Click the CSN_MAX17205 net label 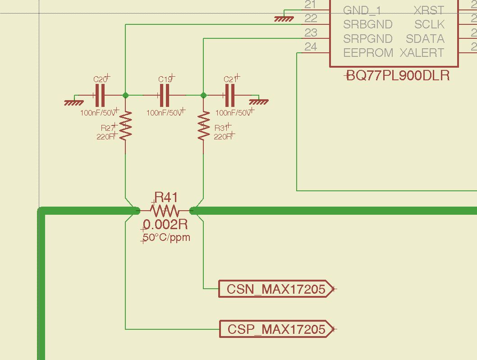pyautogui.click(x=276, y=289)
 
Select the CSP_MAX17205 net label pyautogui.click(x=276, y=329)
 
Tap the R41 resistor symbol pyautogui.click(x=165, y=210)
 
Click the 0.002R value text pyautogui.click(x=165, y=224)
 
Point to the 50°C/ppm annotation pyautogui.click(x=166, y=237)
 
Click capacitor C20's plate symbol pyautogui.click(x=100, y=95)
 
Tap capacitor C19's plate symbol pyautogui.click(x=165, y=95)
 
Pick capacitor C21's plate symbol pyautogui.click(x=229, y=95)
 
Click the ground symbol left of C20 pyautogui.click(x=73, y=102)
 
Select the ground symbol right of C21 pyautogui.click(x=259, y=102)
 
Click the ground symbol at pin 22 pyautogui.click(x=284, y=19)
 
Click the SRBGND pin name pyautogui.click(x=368, y=24)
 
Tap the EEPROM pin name pyautogui.click(x=368, y=53)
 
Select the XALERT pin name pyautogui.click(x=422, y=53)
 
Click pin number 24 pyautogui.click(x=311, y=46)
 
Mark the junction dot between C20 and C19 pyautogui.click(x=125, y=95)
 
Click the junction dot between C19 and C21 pyautogui.click(x=204, y=95)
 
